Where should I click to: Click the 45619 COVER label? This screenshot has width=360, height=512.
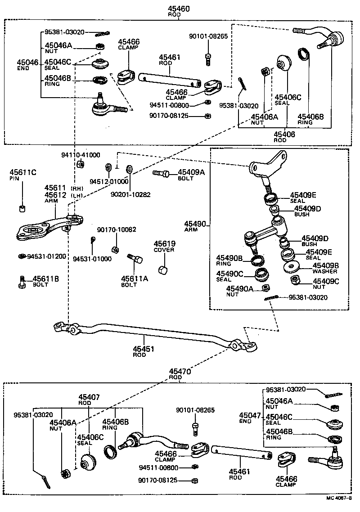click(165, 246)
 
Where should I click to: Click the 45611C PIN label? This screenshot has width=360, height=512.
click(21, 175)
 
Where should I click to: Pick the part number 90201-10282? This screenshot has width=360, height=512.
click(130, 195)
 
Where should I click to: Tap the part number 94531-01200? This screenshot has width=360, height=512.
click(47, 256)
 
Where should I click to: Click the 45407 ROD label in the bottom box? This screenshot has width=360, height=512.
click(89, 400)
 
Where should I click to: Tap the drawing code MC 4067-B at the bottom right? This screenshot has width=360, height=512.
click(339, 498)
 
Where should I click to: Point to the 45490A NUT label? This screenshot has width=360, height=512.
click(239, 291)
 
